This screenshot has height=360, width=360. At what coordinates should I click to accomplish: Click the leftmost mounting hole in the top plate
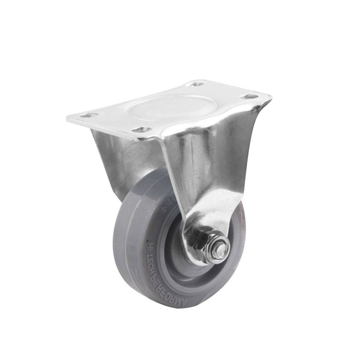coord(88,115)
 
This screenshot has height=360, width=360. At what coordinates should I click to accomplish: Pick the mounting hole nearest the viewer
coord(142,130)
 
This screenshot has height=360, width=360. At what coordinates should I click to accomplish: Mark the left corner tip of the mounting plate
coord(67,118)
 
